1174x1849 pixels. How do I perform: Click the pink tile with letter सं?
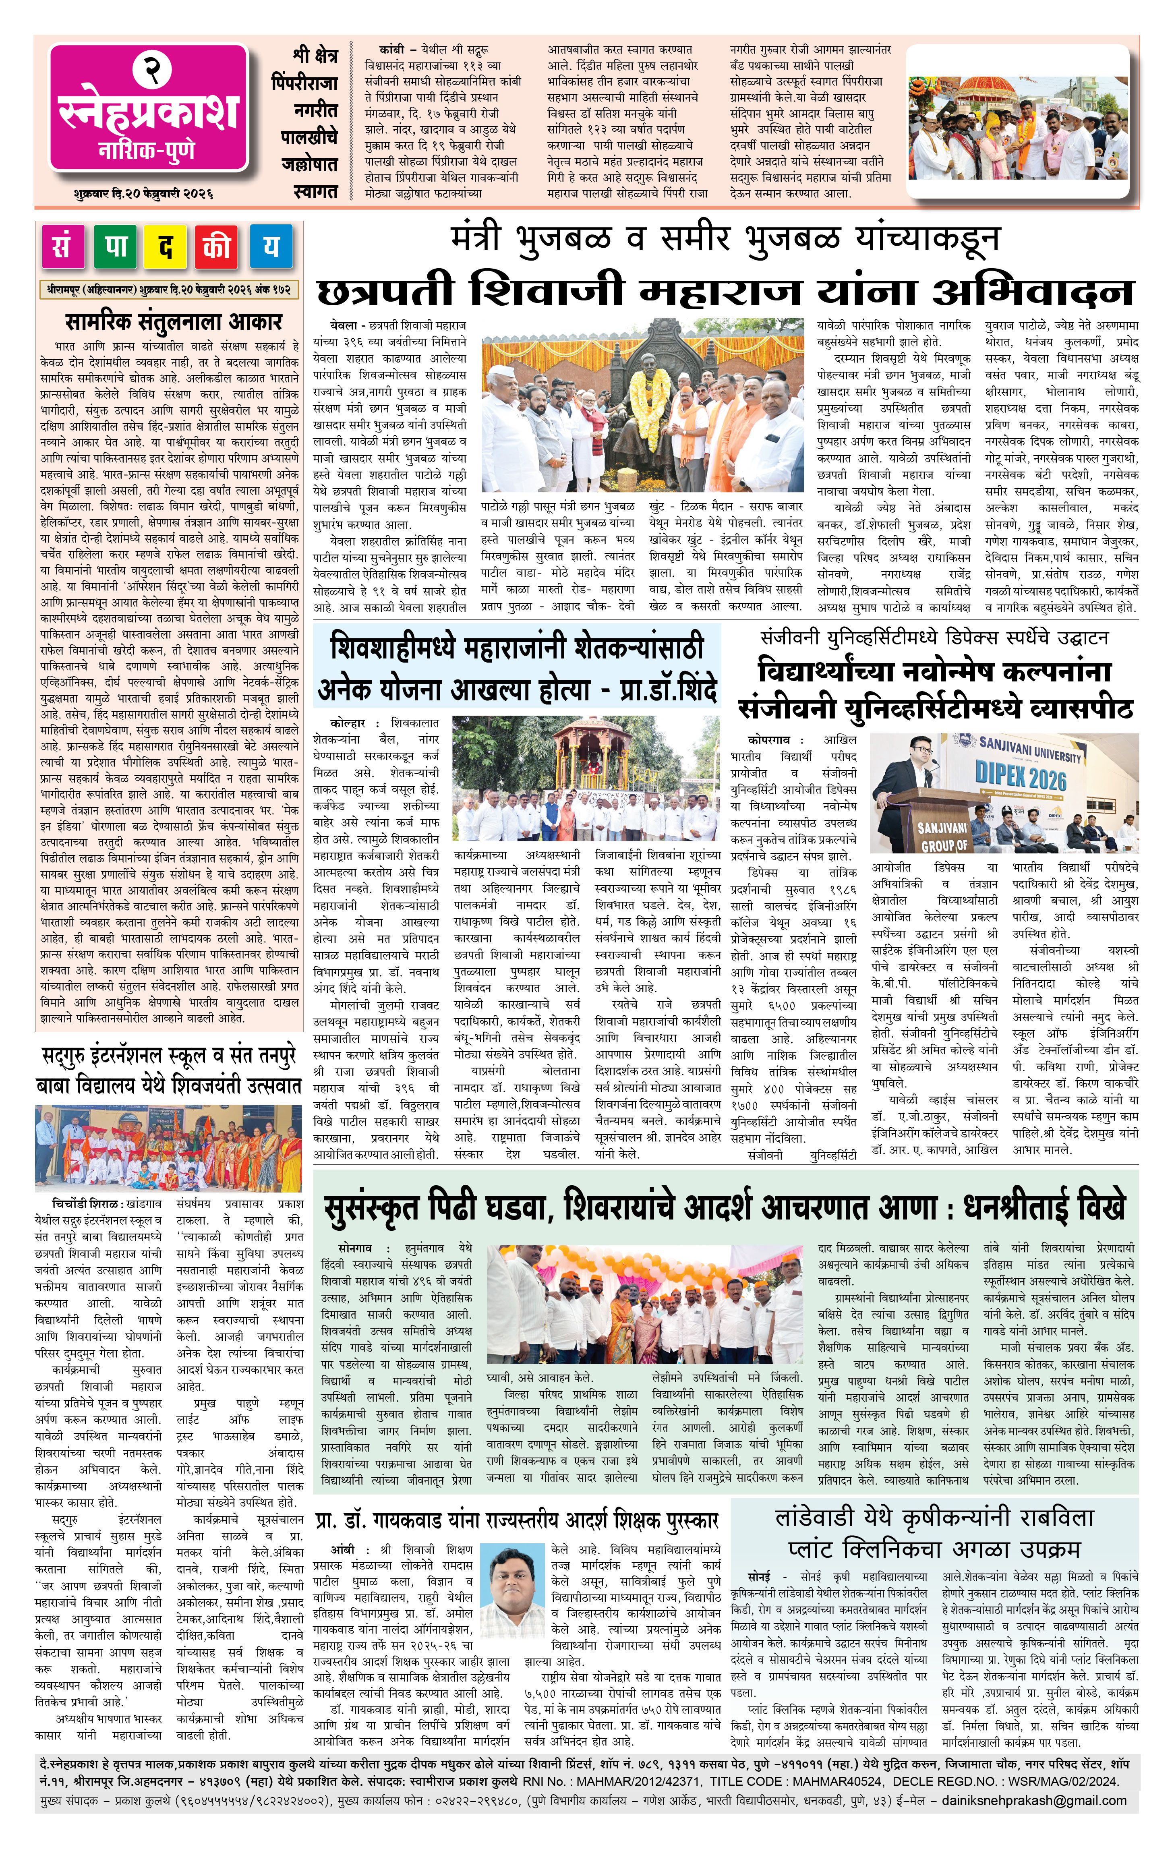[62, 246]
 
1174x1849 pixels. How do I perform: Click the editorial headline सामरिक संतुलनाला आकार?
[174, 321]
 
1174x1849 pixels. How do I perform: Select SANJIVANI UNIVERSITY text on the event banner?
[1029, 746]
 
